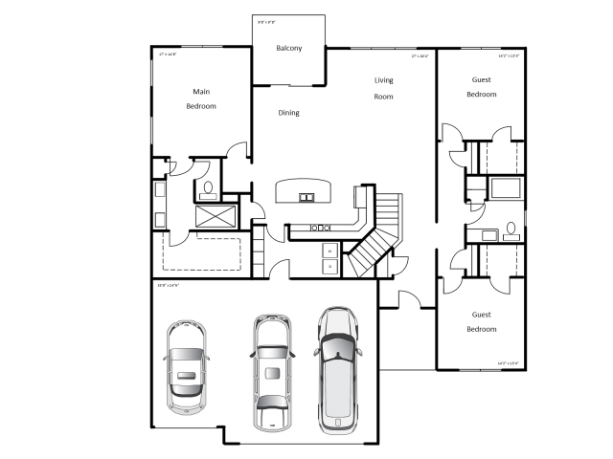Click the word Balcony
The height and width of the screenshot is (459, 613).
289,48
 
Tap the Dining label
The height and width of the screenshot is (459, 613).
288,113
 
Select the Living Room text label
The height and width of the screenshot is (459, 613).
383,88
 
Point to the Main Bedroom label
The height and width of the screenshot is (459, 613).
201,98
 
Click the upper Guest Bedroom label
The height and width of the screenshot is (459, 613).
481,87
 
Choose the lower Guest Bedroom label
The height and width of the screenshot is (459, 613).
482,321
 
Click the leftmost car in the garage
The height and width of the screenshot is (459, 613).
186,364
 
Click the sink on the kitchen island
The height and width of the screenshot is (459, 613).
306,198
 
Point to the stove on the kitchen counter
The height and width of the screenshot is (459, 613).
320,228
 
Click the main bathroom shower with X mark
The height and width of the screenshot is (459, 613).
216,215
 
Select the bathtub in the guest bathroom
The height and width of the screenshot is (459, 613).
504,187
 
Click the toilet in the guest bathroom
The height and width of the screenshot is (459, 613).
511,229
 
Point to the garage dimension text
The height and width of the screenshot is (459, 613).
169,286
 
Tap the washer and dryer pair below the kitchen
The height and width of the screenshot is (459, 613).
329,257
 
